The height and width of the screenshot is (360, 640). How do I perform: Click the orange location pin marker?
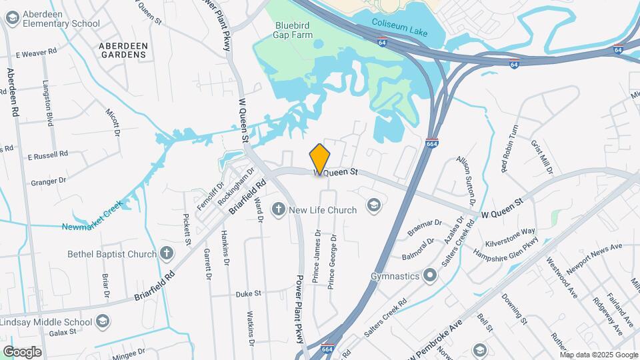(320, 159)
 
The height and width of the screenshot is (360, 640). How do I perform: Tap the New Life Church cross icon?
(279, 210)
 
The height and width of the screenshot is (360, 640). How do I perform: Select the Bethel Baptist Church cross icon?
(166, 253)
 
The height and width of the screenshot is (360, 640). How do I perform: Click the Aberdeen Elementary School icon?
(11, 18)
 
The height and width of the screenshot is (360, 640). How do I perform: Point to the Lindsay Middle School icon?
(103, 322)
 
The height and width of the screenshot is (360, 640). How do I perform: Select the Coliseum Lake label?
(398, 22)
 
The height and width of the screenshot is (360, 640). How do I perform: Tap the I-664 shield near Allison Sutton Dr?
(432, 143)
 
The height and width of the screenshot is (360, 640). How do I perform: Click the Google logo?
(23, 351)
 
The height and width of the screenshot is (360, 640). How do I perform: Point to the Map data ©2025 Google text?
(598, 355)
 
